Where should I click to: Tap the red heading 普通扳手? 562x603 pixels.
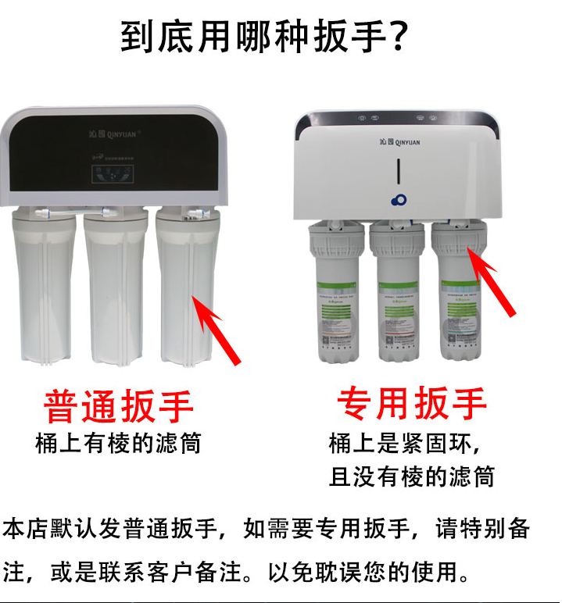tap(119, 406)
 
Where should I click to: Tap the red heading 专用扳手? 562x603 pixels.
tap(412, 403)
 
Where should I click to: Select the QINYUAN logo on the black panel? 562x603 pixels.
tap(114, 134)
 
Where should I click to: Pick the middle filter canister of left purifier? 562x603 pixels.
tap(115, 289)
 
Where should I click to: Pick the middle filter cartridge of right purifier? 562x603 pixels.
tap(398, 297)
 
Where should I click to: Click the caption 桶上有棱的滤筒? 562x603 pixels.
tap(119, 444)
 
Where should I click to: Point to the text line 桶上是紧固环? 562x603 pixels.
tap(405, 444)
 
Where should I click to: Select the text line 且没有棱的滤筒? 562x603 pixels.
tap(412, 476)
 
